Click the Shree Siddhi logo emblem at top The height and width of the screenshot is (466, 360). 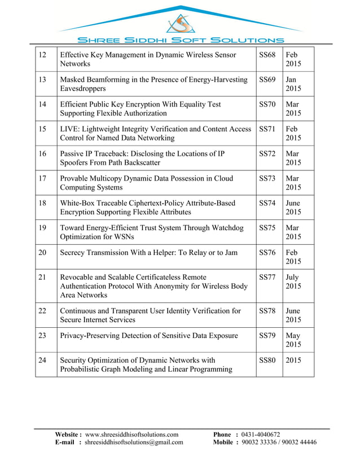181,24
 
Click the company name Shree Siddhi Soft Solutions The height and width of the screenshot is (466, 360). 181,40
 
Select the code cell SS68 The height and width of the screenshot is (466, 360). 267,55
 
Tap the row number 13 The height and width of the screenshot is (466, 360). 42,80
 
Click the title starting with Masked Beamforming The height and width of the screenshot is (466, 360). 153,84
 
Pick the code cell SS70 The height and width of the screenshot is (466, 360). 267,104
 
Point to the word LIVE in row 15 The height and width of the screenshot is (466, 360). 70,129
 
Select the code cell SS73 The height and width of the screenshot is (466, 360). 267,178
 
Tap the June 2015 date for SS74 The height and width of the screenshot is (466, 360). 293,208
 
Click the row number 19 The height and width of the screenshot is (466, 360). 42,228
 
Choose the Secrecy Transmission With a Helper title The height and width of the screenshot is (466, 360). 148,253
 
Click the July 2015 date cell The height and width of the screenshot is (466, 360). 293,282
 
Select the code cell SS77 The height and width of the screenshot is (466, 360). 267,277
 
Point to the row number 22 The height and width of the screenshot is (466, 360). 42,311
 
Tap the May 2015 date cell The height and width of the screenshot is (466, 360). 293,340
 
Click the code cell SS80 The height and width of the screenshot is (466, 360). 267,360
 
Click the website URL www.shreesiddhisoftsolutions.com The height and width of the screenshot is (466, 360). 131,434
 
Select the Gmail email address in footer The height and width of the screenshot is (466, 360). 134,442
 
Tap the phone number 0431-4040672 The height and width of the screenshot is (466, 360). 260,434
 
